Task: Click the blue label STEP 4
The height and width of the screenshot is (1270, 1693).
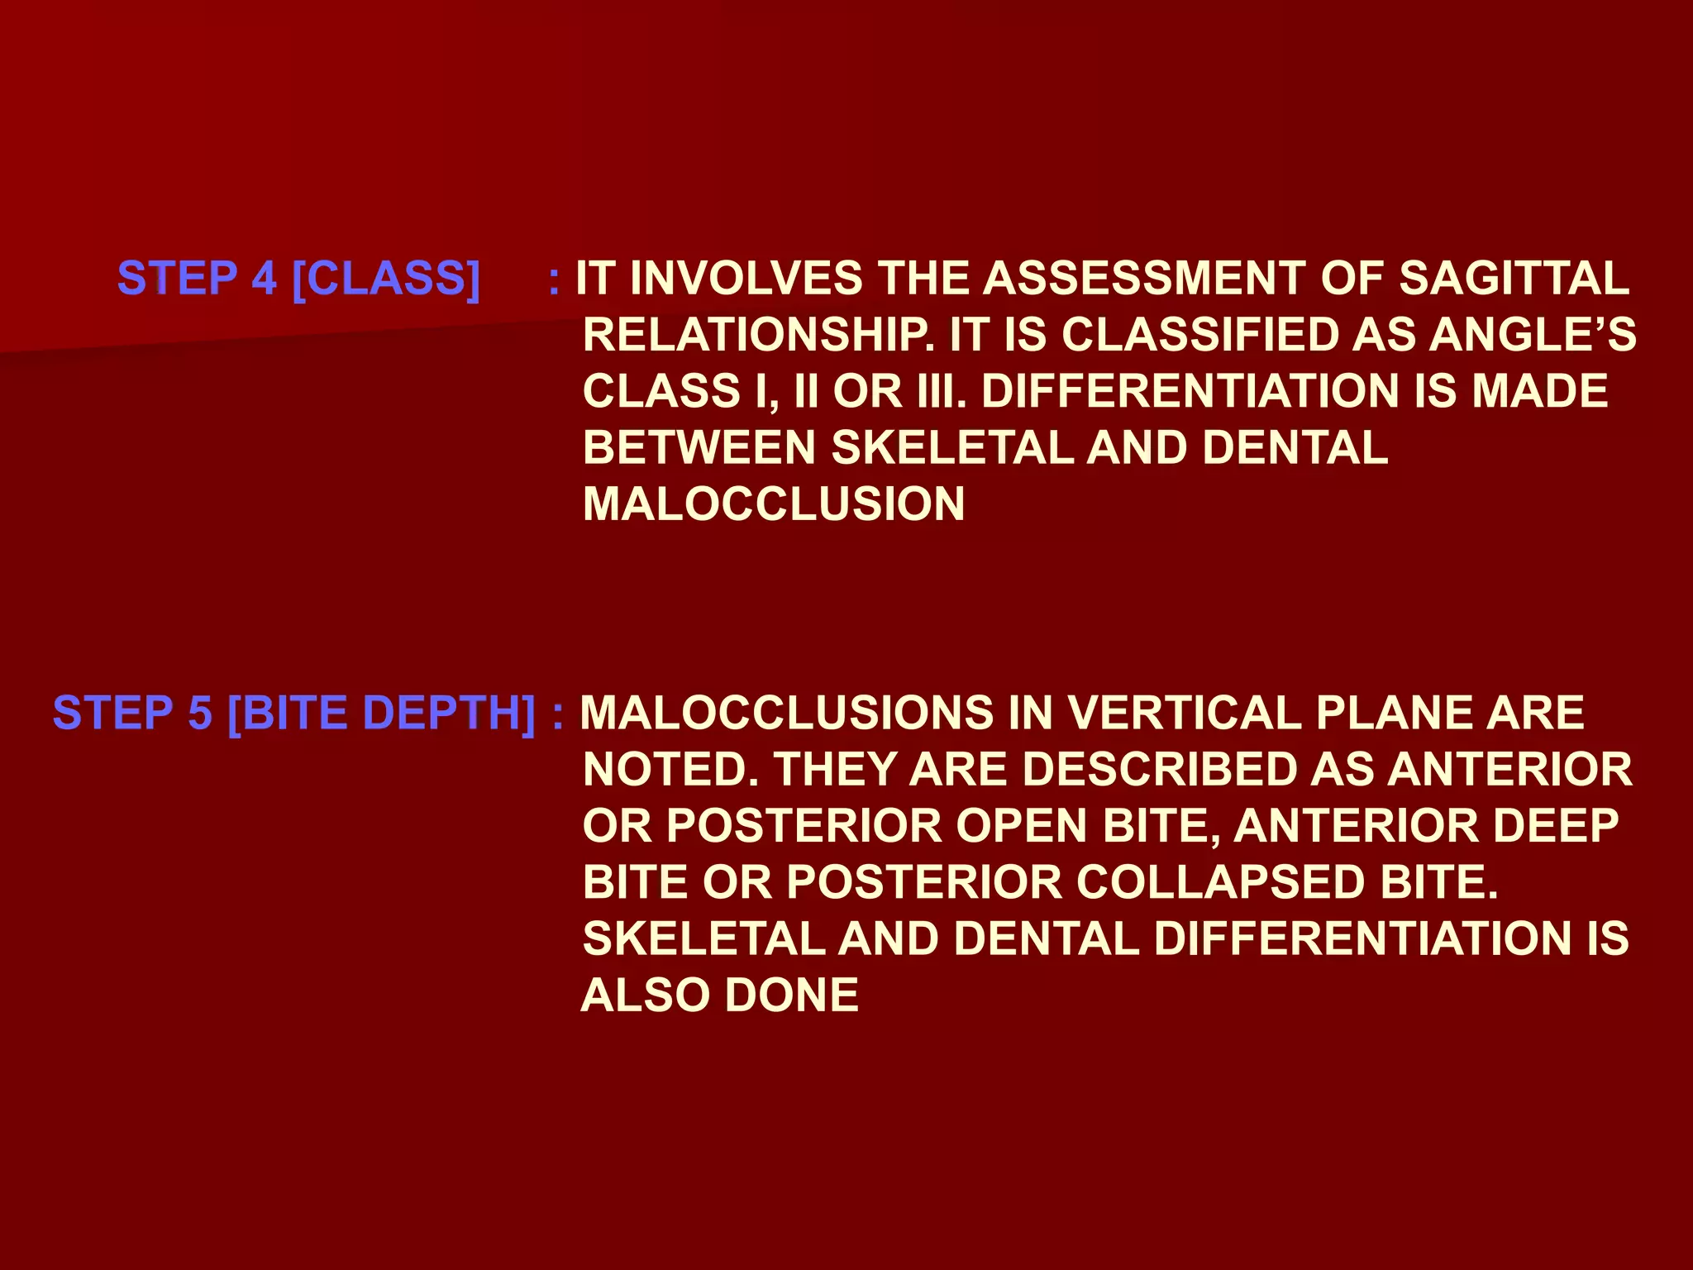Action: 197,278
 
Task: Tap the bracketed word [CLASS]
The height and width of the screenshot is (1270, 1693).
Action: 386,278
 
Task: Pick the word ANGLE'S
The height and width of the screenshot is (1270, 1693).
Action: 1533,335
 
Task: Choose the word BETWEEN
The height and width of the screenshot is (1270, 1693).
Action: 699,447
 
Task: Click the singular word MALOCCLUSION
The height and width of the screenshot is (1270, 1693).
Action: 774,504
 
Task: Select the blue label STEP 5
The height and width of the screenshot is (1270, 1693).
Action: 132,713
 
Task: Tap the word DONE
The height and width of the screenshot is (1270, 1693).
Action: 792,995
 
